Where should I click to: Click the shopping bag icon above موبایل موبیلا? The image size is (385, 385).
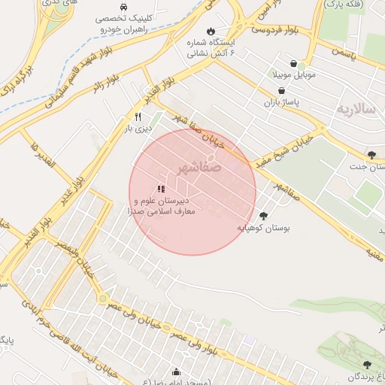[292, 65]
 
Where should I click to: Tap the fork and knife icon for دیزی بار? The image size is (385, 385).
[138, 117]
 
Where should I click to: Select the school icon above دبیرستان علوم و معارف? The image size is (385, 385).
[161, 189]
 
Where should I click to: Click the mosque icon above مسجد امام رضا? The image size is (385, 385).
[176, 371]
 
